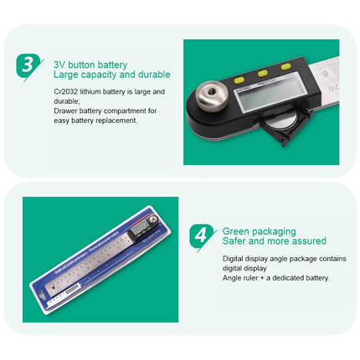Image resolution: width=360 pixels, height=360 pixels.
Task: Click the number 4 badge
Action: pyautogui.click(x=201, y=235)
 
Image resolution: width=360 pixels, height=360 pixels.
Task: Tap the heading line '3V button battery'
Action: pyautogui.click(x=90, y=64)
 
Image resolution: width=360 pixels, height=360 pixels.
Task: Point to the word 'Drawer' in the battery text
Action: pyautogui.click(x=66, y=111)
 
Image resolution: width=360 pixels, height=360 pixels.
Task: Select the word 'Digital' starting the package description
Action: pyautogui.click(x=234, y=259)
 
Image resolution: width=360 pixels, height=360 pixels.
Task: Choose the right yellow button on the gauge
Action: pyautogui.click(x=286, y=65)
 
